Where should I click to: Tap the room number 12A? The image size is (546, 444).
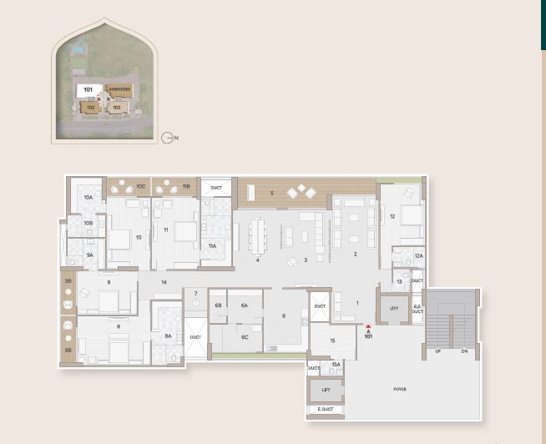click(418, 256)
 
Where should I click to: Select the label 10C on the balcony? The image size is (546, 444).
click(142, 186)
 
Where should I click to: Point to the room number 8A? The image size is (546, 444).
click(168, 336)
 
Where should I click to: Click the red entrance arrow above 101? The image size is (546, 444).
click(368, 330)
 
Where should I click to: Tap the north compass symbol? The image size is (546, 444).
click(167, 138)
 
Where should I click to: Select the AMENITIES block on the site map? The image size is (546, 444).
click(116, 89)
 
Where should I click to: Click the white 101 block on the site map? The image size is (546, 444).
click(88, 88)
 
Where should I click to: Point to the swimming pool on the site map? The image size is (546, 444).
click(77, 49)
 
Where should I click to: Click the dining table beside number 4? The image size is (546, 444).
click(258, 235)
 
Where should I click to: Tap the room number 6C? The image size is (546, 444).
click(245, 336)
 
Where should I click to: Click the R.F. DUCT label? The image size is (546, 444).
click(417, 309)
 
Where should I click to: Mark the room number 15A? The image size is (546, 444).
click(336, 365)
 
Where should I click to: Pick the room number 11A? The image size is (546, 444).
click(212, 246)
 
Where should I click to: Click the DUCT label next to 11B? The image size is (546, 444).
click(215, 187)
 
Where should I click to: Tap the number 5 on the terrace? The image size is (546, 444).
click(272, 193)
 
